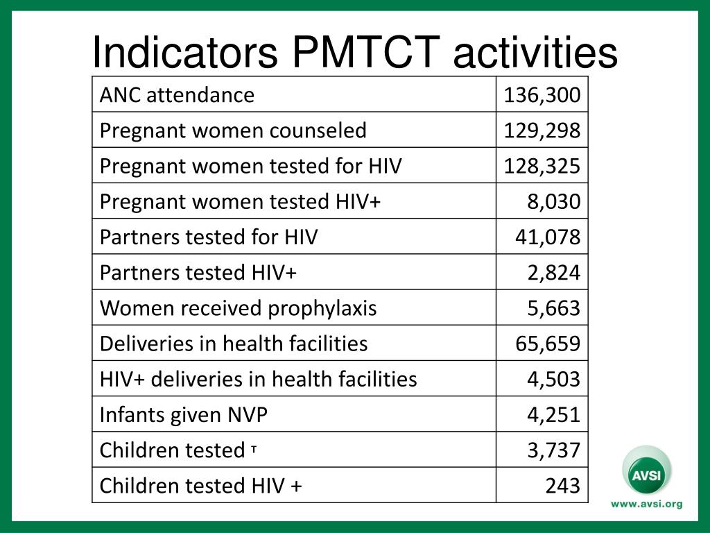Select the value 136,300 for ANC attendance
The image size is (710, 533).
tap(542, 94)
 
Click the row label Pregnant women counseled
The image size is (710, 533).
tap(233, 130)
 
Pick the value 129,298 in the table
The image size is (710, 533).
tap(542, 130)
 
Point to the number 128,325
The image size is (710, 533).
tap(542, 166)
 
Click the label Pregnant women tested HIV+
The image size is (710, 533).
tap(240, 201)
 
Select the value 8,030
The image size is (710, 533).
tap(553, 201)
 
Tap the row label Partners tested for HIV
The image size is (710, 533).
tap(209, 237)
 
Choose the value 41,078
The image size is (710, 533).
tap(547, 237)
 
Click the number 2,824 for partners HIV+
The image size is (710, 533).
tap(553, 272)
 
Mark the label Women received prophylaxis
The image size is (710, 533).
tap(238, 307)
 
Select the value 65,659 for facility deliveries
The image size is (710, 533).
tap(547, 344)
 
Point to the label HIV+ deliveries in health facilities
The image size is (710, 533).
tap(258, 379)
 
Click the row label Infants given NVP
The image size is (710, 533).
tap(184, 414)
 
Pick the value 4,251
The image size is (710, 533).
tap(553, 414)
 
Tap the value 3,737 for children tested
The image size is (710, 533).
tap(553, 450)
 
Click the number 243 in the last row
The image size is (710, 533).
tap(562, 486)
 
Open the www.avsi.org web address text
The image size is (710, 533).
tap(646, 505)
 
